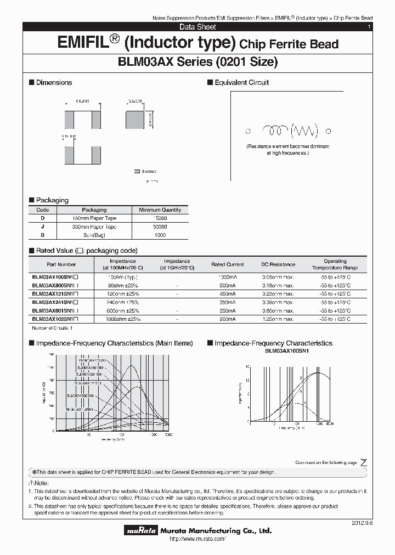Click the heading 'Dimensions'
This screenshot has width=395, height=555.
[x=54, y=82]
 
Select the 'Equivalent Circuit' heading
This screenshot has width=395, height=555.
[x=241, y=82]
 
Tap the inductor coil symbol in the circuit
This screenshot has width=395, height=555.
[x=275, y=131]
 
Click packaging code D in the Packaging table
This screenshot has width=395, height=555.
[x=42, y=218]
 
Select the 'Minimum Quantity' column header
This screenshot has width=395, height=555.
[x=160, y=210]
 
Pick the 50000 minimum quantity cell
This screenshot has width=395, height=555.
[x=160, y=226]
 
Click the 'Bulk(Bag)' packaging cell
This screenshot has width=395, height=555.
[x=94, y=235]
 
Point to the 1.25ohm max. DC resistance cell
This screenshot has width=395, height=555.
[x=277, y=319]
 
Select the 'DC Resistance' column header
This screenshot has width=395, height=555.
[x=278, y=264]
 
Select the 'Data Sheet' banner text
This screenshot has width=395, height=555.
[x=198, y=27]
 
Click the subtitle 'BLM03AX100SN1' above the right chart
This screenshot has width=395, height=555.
[x=287, y=350]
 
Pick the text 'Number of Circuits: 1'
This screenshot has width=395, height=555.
[x=52, y=327]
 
